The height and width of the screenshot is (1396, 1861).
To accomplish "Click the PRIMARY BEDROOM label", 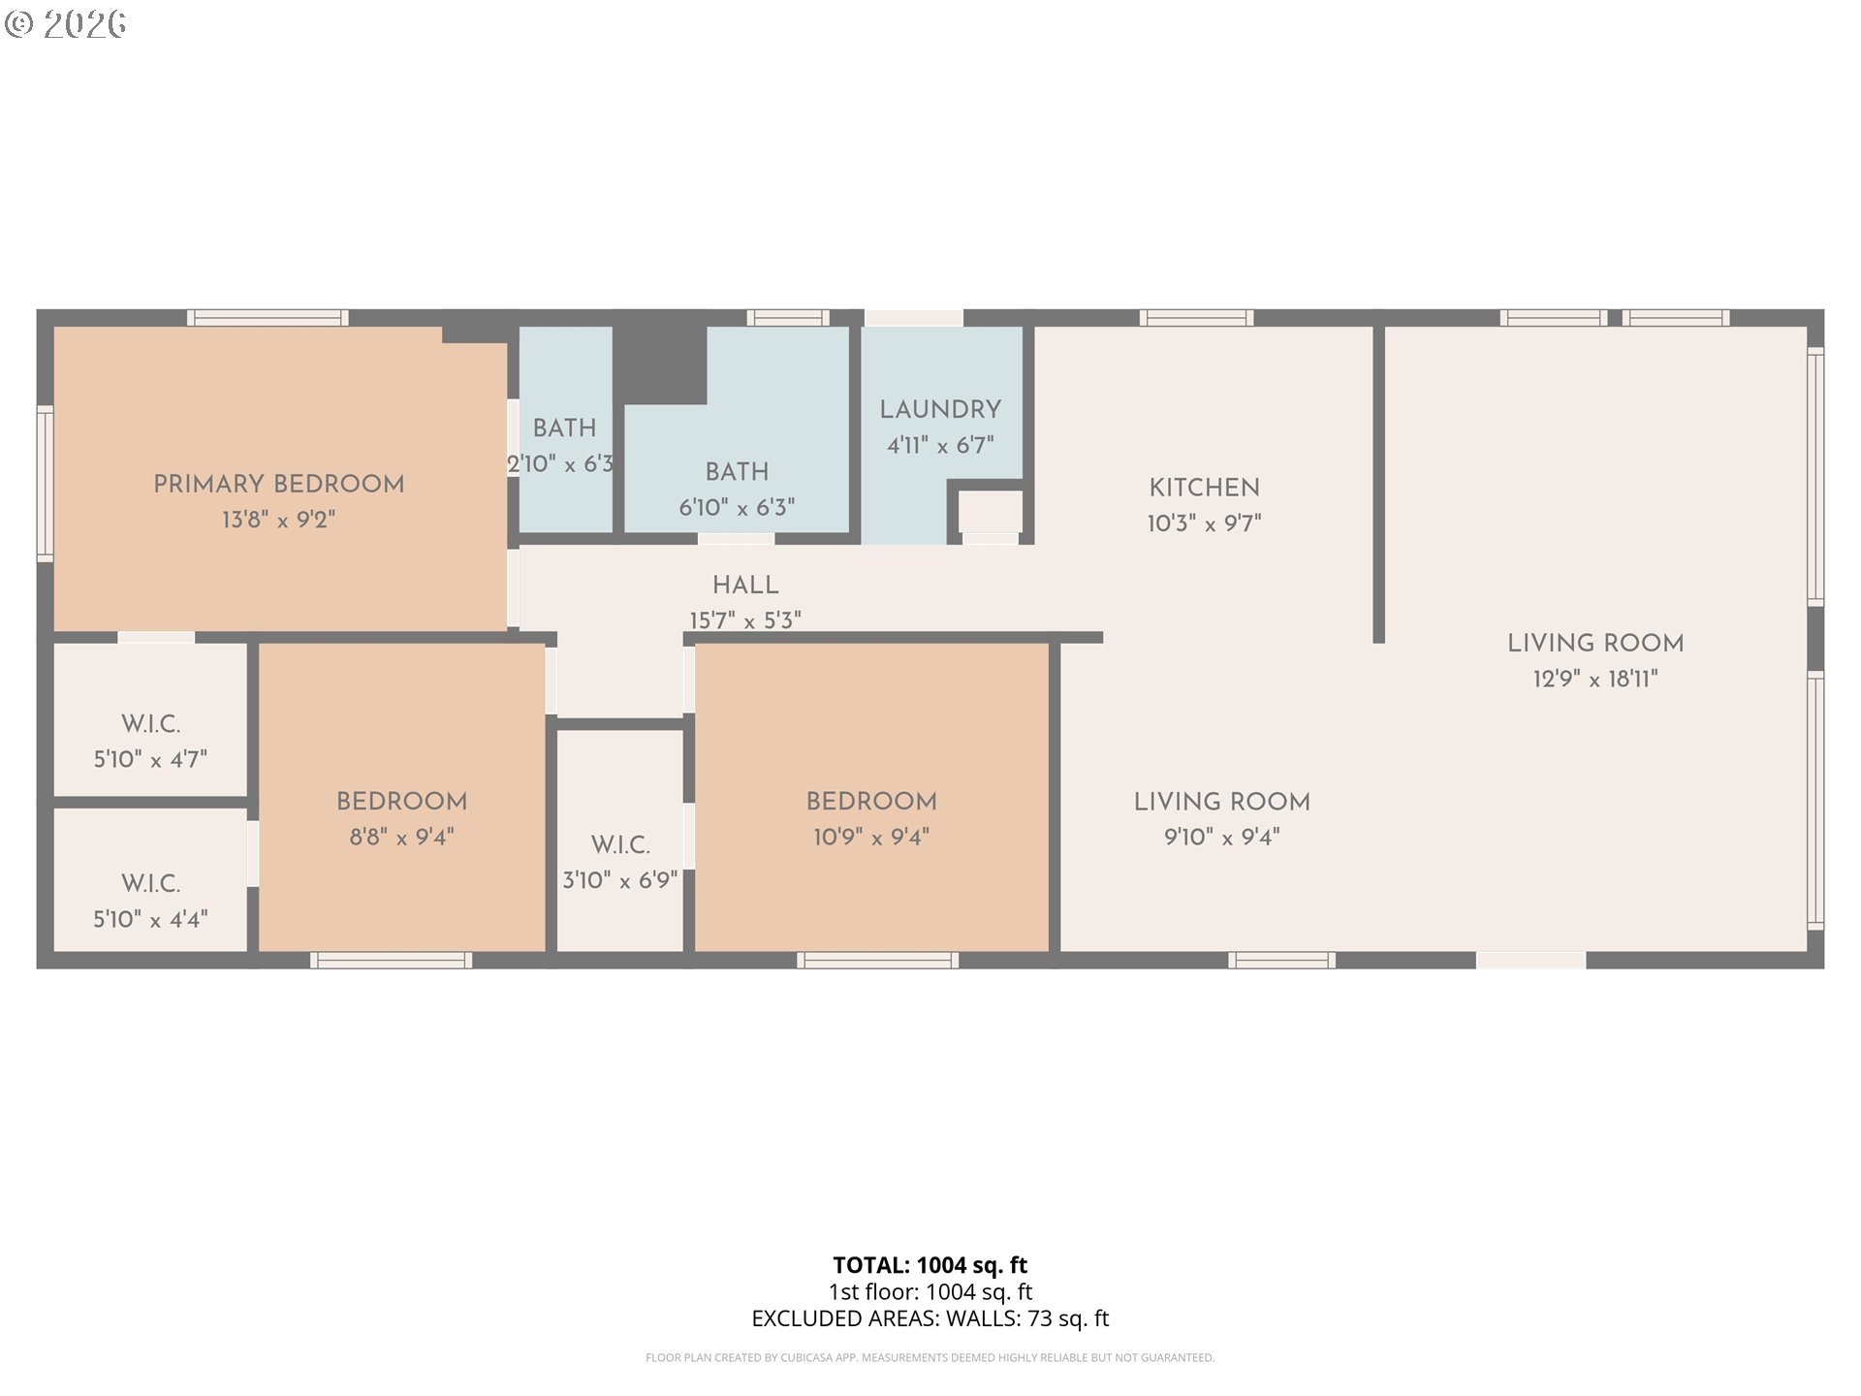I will tap(278, 484).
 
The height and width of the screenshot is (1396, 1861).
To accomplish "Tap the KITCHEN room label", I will tap(1204, 488).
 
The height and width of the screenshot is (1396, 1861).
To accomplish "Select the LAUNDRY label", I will tap(940, 410).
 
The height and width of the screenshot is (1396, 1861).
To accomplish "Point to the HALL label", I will tap(745, 586).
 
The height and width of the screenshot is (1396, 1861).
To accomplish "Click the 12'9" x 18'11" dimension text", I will tap(1595, 679).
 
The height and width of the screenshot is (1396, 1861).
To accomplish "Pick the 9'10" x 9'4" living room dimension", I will tap(1221, 837).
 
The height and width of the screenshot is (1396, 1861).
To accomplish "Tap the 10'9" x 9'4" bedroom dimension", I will tap(871, 837).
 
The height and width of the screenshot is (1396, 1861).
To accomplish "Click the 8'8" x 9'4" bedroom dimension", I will tap(401, 837).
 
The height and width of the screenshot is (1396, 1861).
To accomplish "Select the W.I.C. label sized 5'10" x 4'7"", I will tap(150, 724).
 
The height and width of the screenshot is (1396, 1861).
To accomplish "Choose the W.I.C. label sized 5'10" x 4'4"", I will tap(150, 884).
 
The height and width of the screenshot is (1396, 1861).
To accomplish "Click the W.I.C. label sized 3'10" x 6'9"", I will tap(620, 845).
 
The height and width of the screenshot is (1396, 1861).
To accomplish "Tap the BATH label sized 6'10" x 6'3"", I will tap(737, 472).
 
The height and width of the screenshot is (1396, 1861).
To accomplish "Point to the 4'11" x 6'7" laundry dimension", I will tap(940, 446).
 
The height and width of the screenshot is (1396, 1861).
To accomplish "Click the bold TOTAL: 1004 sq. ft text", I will tap(930, 1265).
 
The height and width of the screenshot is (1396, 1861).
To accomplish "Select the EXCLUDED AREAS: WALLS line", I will tap(930, 1318).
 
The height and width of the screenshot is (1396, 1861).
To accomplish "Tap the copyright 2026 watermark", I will tap(66, 23).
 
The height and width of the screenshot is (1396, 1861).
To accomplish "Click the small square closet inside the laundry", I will tap(991, 511).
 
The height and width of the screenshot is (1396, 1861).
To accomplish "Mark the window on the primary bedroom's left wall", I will tap(45, 484).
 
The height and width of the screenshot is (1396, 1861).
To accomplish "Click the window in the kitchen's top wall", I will tap(1196, 318).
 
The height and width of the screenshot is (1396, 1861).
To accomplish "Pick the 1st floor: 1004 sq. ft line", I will tap(930, 1291).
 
